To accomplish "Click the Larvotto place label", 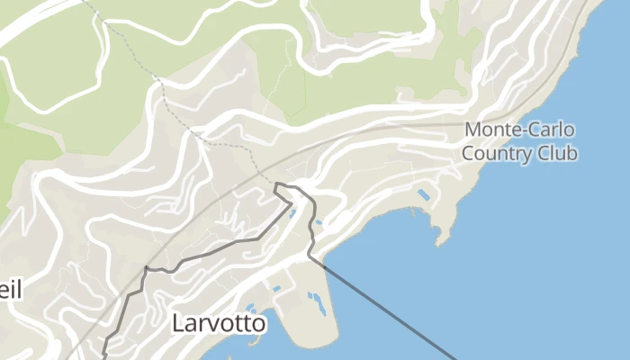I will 220,322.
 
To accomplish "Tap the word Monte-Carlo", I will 519,130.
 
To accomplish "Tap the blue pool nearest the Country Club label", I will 423,194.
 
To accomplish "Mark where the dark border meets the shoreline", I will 310,256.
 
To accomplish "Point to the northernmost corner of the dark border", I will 277,184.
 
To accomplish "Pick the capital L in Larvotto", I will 178,322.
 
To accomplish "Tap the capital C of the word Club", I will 544,153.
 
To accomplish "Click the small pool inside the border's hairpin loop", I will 292,212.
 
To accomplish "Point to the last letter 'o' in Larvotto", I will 258,324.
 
